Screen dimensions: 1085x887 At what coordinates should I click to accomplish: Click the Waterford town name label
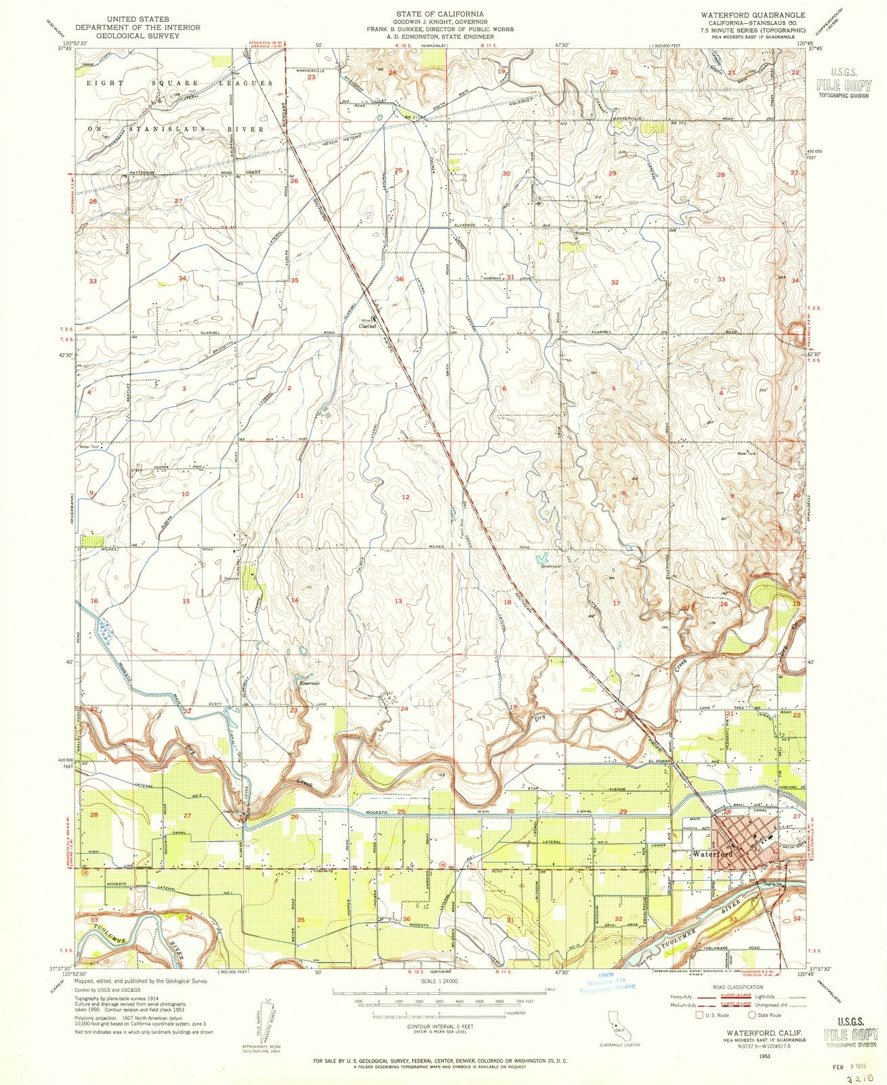[709, 855]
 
